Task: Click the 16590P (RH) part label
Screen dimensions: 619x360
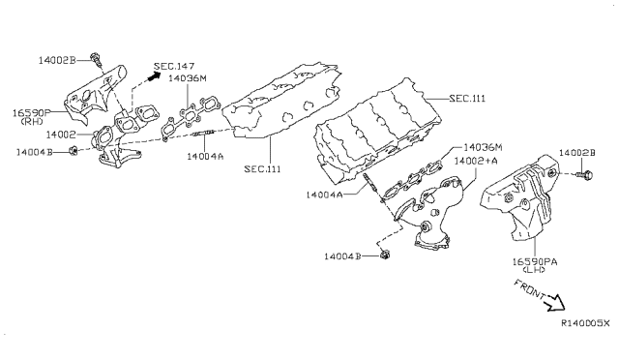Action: (x=32, y=117)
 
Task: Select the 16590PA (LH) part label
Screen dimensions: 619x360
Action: (x=535, y=265)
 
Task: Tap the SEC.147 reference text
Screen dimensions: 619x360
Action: (x=174, y=66)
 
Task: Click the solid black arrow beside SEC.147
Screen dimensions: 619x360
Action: (x=153, y=76)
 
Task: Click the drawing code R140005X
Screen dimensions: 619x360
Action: (x=585, y=323)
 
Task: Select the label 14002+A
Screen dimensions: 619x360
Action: (x=476, y=161)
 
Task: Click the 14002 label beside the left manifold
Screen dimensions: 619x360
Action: (x=61, y=135)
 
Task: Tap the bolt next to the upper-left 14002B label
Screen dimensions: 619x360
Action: (x=96, y=59)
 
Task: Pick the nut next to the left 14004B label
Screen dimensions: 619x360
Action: (x=73, y=151)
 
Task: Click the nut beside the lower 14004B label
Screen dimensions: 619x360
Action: (x=385, y=255)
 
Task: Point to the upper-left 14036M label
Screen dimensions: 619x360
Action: (x=188, y=78)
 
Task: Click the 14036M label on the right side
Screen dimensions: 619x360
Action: (x=483, y=147)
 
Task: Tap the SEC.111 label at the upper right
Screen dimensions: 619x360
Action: (x=467, y=98)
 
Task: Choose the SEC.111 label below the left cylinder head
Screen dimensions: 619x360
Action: (x=262, y=169)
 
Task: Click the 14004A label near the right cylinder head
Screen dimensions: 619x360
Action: (x=324, y=195)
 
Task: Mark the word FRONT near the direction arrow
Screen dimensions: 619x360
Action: (x=529, y=288)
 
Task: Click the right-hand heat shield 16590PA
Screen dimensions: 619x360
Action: (x=521, y=197)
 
